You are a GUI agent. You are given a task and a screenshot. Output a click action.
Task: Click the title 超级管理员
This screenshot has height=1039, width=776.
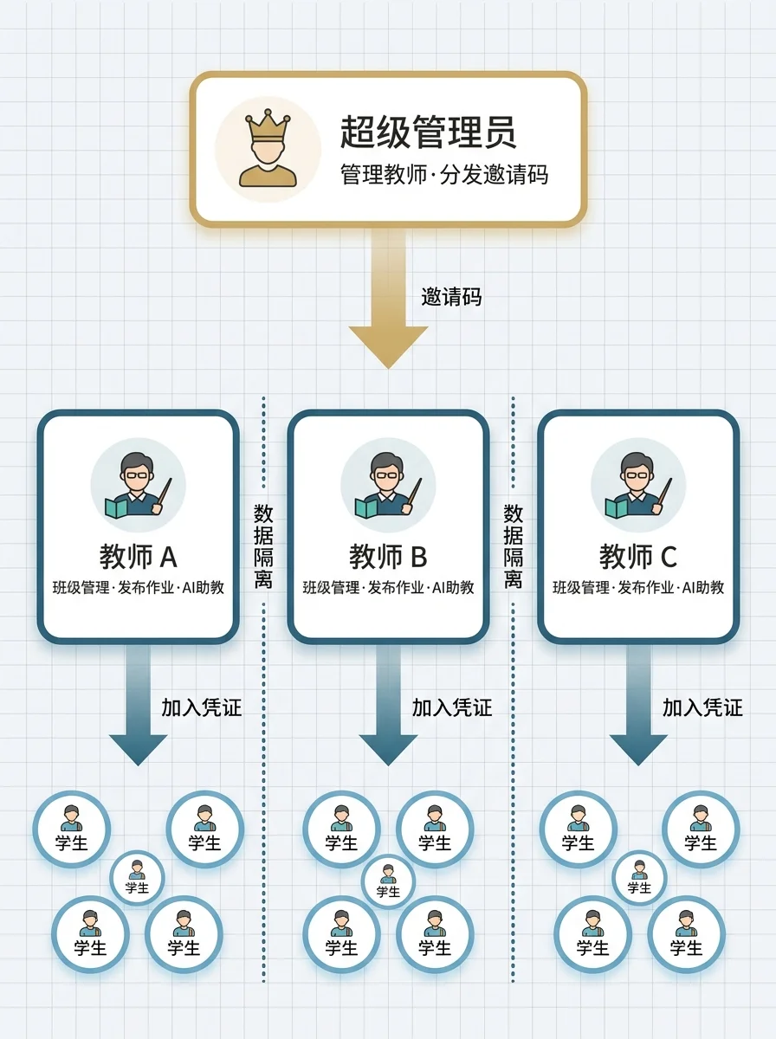(428, 132)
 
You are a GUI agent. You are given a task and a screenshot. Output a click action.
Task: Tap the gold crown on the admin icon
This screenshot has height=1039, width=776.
(268, 125)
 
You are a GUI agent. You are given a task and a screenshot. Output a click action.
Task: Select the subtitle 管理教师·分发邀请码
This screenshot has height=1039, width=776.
(444, 175)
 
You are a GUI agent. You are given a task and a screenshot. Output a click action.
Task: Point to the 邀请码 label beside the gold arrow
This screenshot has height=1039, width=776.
(451, 297)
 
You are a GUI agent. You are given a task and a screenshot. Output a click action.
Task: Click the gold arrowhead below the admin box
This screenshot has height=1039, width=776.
(388, 345)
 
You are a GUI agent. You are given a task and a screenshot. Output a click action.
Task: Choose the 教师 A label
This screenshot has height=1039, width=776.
(139, 557)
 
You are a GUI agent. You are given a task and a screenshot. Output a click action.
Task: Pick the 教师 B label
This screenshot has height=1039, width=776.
(388, 557)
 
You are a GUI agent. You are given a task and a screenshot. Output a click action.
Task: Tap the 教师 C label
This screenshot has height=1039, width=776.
(638, 557)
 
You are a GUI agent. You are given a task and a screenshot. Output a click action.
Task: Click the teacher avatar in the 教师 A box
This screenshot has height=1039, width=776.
(139, 485)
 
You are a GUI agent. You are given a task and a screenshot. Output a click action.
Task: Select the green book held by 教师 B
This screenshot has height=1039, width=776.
(367, 508)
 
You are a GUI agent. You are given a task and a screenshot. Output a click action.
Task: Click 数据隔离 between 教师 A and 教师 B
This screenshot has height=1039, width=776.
(263, 545)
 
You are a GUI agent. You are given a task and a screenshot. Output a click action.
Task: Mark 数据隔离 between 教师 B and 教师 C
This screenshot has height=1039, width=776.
(513, 545)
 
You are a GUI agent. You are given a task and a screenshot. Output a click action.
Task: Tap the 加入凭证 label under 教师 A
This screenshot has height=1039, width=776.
(202, 707)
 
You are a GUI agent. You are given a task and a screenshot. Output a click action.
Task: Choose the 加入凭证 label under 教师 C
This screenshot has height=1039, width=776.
(702, 707)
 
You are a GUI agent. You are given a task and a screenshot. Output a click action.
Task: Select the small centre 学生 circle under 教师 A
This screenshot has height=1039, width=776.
(138, 878)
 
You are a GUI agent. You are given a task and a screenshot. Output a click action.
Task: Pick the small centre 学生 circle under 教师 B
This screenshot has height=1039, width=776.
(388, 881)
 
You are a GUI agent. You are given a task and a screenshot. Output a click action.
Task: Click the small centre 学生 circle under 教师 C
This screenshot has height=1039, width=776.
(639, 878)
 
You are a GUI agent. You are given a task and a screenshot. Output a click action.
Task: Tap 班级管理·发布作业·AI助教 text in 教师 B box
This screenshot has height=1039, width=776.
(388, 587)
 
